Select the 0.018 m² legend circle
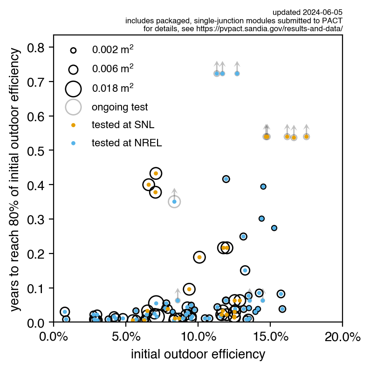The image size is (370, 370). coord(73,88)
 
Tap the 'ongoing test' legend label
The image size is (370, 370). coord(119,107)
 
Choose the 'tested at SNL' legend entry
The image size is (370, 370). coord(123,125)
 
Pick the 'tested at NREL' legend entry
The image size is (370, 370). coord(126,143)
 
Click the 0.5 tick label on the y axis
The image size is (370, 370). coord(40,151)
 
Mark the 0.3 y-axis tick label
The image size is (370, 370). coord(40,219)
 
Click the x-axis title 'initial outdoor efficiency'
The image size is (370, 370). coord(198,354)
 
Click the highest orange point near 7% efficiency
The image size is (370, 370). coord(156,173)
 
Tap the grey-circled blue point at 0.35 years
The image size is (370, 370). coord(174,201)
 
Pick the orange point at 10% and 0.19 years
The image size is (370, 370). coord(199,257)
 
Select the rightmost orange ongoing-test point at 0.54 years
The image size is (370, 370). coord(306,137)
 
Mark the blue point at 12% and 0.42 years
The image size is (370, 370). coord(226,179)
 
